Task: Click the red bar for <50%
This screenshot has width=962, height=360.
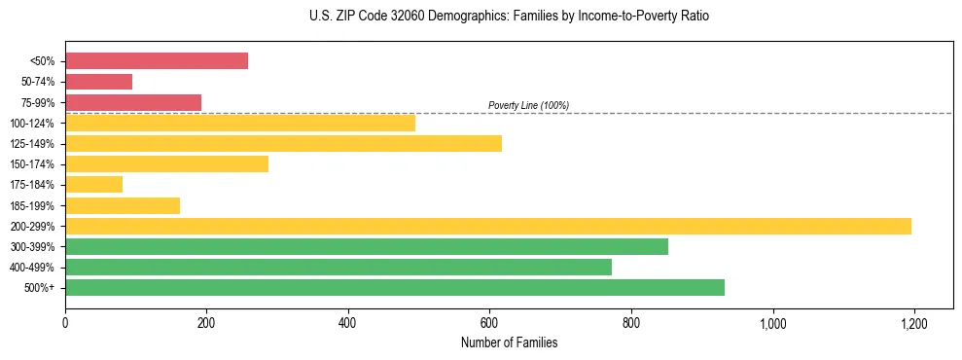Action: (157, 61)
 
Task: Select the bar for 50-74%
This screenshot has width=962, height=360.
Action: (98, 82)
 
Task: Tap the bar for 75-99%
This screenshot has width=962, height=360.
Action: (133, 102)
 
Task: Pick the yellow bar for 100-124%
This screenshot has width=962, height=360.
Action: (240, 123)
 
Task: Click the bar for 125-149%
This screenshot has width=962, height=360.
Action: (283, 143)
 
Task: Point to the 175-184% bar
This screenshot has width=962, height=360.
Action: (93, 184)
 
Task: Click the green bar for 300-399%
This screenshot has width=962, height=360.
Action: (367, 246)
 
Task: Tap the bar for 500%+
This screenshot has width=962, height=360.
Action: (395, 287)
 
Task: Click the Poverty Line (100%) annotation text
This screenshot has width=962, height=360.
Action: (528, 105)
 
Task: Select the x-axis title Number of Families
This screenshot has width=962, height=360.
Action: (509, 342)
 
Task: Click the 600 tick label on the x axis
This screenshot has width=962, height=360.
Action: (489, 322)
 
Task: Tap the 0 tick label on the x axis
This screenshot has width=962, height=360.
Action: (65, 322)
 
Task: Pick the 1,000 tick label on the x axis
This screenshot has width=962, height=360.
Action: (772, 322)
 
